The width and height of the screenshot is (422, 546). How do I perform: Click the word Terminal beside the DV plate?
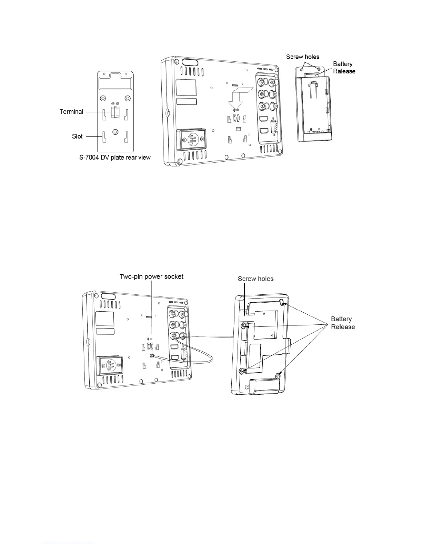71,112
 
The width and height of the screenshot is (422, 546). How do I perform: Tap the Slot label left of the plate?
77,136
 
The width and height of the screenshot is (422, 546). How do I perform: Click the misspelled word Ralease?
344,71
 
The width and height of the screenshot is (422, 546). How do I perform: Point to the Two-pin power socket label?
151,276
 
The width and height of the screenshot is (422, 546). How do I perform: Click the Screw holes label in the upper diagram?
303,57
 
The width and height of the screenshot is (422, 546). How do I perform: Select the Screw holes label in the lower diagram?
255,279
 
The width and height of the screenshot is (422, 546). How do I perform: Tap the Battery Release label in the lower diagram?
343,323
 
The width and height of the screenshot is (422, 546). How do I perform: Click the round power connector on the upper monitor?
191,140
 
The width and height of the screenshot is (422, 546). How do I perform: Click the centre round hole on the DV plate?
115,131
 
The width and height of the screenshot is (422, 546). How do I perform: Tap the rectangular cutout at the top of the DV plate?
115,83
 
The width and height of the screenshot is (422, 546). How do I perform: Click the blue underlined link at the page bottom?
69,543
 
